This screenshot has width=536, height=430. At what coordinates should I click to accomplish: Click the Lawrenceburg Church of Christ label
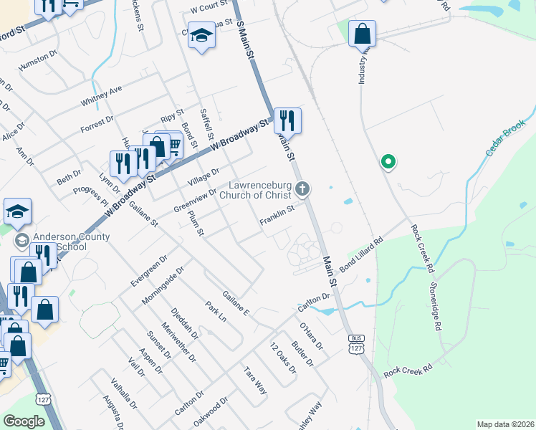tap(255, 189)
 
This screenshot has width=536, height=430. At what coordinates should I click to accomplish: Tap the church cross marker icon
tap(303, 189)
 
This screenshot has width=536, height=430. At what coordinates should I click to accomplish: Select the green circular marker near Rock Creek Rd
tap(388, 163)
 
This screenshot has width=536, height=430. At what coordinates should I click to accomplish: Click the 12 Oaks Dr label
tap(283, 357)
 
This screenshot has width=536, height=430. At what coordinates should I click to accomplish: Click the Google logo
tap(23, 421)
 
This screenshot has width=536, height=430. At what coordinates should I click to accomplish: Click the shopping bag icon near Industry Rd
tap(363, 33)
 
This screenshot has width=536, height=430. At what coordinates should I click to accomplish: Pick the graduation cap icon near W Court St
tap(202, 35)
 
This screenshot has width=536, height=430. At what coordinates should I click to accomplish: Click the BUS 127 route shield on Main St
tap(355, 343)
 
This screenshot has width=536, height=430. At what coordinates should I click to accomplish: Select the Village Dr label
tap(203, 176)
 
